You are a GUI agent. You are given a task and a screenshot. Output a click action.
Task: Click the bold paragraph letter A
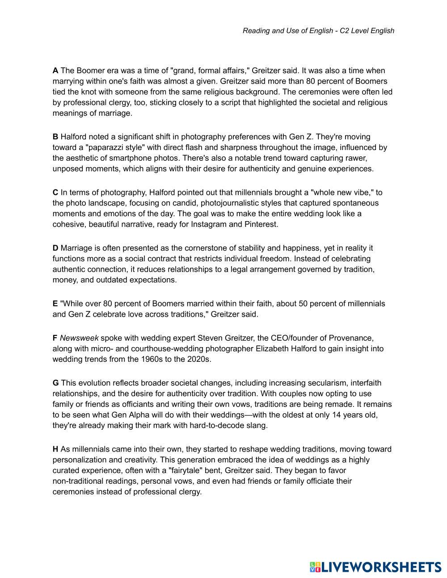point(55,71)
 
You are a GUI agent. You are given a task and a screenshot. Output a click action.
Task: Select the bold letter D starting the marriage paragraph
point(55,248)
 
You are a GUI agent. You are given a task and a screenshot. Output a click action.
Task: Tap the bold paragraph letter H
point(55,449)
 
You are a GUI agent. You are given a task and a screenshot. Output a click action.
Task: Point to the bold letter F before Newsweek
point(55,338)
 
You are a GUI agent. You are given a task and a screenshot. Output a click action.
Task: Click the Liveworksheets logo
point(375,567)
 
